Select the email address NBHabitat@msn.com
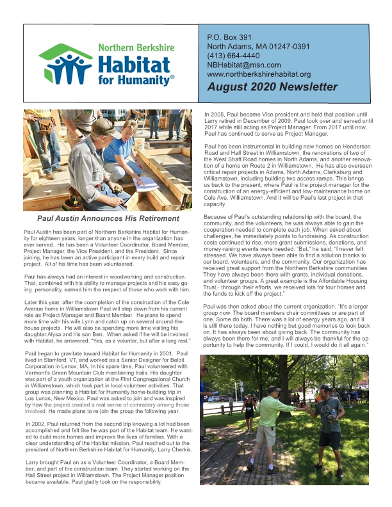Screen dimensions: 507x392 point(244,65)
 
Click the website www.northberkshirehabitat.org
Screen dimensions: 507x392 point(259,74)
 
